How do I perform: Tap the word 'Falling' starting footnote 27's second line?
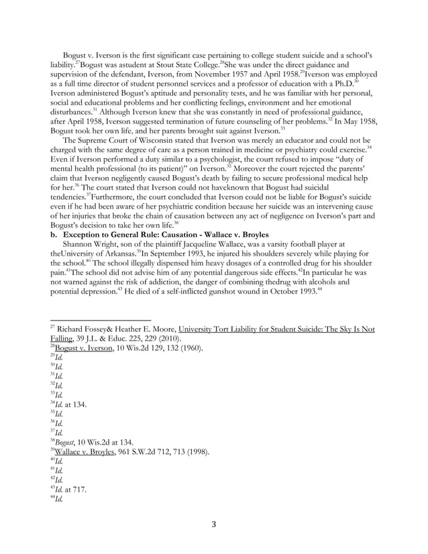pos(63,338)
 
